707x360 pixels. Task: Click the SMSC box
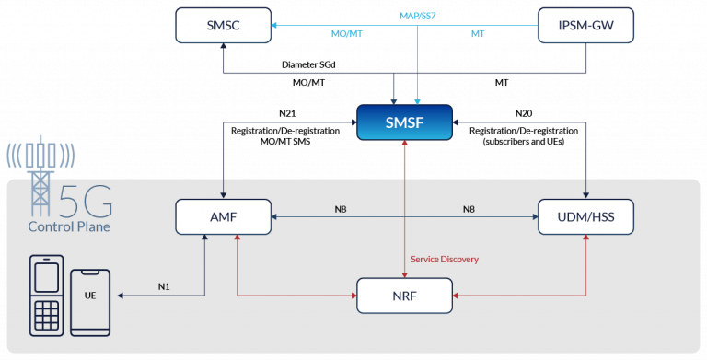point(224,25)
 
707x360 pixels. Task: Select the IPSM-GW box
point(585,25)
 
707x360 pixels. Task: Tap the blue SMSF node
point(404,122)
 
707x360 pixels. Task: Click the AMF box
point(224,217)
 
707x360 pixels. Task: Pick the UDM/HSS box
point(585,217)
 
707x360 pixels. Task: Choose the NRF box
point(404,295)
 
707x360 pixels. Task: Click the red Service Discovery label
point(445,260)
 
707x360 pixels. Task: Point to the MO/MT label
point(345,34)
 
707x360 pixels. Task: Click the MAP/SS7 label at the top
point(419,16)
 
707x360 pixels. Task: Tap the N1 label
point(164,286)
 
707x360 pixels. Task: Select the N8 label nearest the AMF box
point(341,209)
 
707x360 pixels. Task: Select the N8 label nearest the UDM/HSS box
point(468,209)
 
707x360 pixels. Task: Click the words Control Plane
point(70,226)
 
